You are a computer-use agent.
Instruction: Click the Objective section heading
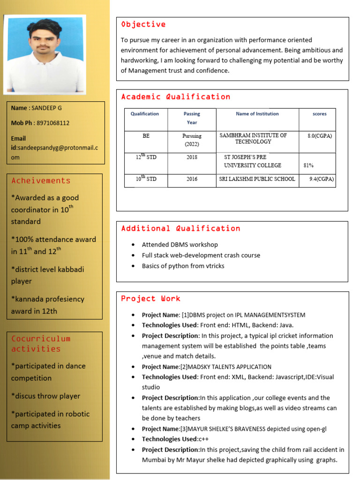(x=143, y=24)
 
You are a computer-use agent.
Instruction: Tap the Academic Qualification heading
(x=175, y=97)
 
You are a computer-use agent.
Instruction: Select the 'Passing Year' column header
(x=192, y=118)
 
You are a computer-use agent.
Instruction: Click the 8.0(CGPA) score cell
(x=320, y=136)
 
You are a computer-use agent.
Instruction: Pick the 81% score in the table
(x=308, y=165)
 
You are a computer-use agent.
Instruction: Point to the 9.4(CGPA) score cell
(x=322, y=179)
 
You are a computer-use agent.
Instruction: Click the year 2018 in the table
(x=192, y=157)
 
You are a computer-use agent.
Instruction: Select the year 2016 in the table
(x=192, y=179)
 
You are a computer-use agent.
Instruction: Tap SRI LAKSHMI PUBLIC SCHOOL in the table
(x=257, y=179)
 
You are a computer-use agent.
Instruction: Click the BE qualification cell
(x=146, y=136)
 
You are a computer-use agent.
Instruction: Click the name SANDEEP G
(x=46, y=108)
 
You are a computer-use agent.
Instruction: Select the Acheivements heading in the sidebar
(x=41, y=181)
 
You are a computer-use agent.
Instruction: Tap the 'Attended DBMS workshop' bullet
(x=180, y=245)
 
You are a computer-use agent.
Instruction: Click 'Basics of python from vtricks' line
(x=183, y=266)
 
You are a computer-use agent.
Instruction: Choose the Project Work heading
(x=150, y=299)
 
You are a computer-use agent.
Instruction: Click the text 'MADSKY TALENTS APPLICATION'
(x=229, y=367)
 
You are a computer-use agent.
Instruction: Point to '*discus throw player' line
(x=45, y=396)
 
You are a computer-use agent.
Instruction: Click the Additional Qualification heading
(x=180, y=229)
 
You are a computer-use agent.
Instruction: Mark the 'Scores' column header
(x=319, y=114)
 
